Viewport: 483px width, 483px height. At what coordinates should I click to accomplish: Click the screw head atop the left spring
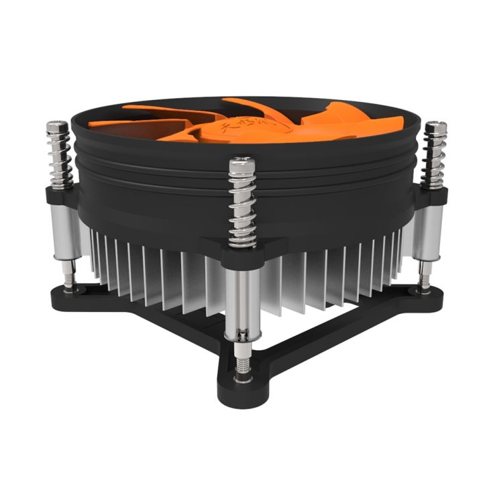point(58,125)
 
